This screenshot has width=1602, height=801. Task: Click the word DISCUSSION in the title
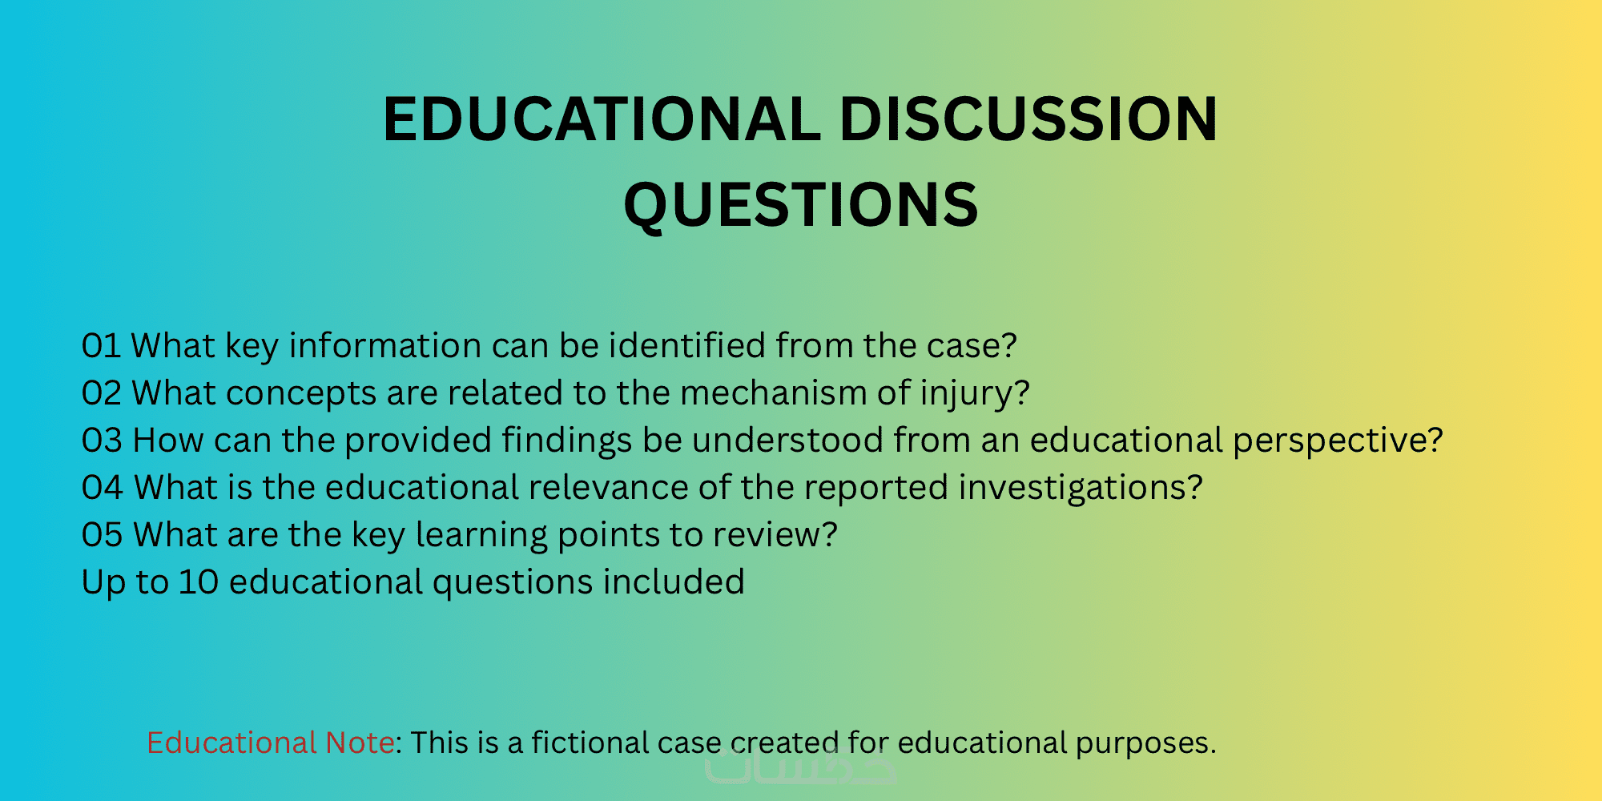pyautogui.click(x=1028, y=119)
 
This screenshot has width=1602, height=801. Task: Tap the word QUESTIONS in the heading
pyautogui.click(x=801, y=205)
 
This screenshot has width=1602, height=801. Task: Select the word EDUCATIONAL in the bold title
pyautogui.click(x=602, y=119)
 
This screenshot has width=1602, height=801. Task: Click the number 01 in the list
pyautogui.click(x=101, y=346)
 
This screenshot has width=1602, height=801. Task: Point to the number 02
pyautogui.click(x=102, y=393)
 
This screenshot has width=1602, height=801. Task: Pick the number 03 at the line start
pyautogui.click(x=102, y=441)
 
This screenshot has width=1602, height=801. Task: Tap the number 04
pyautogui.click(x=103, y=488)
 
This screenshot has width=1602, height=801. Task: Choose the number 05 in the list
pyautogui.click(x=102, y=535)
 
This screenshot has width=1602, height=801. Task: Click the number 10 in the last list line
pyautogui.click(x=199, y=582)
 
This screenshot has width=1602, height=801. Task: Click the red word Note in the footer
pyautogui.click(x=360, y=743)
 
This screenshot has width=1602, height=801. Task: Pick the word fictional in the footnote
pyautogui.click(x=590, y=743)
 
